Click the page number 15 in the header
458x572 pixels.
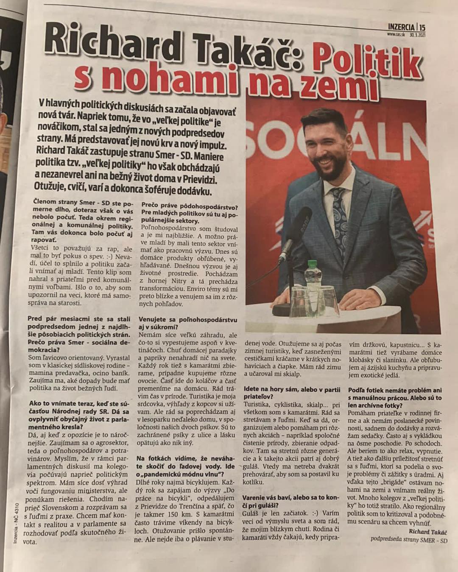click(422, 27)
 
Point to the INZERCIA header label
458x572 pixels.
click(401, 27)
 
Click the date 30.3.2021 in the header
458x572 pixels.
click(417, 35)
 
